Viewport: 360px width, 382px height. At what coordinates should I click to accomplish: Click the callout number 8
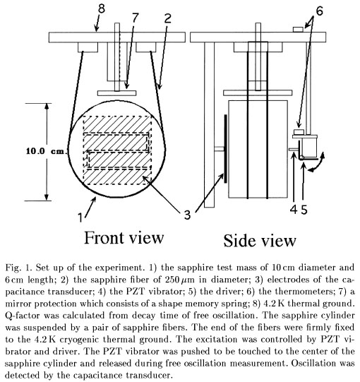(x=102, y=8)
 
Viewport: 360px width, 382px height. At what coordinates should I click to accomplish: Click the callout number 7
(x=135, y=17)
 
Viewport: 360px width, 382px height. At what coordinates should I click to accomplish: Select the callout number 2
(x=167, y=18)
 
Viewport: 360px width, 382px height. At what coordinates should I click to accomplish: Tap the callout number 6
(x=319, y=11)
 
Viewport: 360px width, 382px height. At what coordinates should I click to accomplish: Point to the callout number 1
(x=80, y=217)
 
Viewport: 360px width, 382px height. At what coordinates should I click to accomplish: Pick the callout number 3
(x=187, y=215)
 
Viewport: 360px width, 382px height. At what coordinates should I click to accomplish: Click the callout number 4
(x=294, y=209)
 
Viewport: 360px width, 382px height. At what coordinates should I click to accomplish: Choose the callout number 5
(x=304, y=209)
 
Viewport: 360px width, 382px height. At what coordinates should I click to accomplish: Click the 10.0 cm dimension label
(x=45, y=151)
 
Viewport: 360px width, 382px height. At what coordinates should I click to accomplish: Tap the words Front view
(x=124, y=237)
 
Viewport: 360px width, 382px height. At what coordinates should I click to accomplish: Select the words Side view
(x=260, y=241)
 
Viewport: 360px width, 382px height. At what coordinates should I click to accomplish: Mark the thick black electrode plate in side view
(x=226, y=148)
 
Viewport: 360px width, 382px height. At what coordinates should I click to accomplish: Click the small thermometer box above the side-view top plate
(x=298, y=30)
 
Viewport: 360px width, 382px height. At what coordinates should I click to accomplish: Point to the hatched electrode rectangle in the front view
(x=117, y=150)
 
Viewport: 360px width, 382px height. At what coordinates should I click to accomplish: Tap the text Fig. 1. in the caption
(x=19, y=268)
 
